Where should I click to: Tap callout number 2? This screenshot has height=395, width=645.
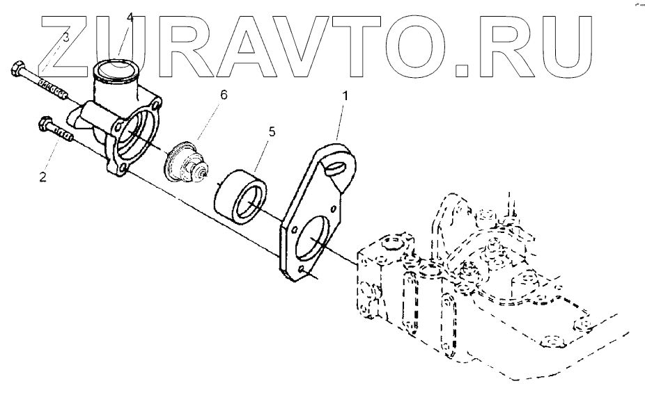(x=43, y=177)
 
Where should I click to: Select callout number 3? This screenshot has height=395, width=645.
(x=65, y=38)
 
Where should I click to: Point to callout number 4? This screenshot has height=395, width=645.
(x=129, y=17)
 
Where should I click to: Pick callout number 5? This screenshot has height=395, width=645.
(x=272, y=131)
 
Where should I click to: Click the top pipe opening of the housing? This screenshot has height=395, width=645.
(x=114, y=70)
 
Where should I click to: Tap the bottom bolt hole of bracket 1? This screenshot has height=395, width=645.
(x=302, y=270)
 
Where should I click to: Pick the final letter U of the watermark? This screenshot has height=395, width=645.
(x=574, y=45)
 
